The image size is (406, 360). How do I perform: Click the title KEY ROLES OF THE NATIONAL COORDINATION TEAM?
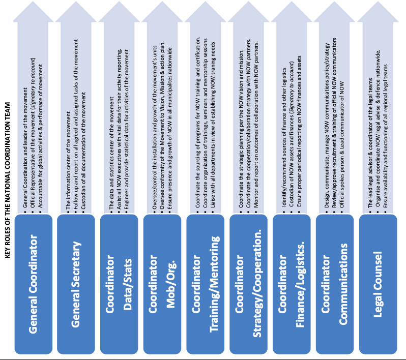(x=7, y=180)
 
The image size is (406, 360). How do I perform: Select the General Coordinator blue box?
(x=34, y=284)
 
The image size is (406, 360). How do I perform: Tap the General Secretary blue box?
(x=76, y=284)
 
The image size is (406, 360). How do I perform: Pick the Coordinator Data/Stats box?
(x=119, y=284)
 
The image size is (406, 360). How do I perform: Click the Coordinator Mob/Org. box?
(x=162, y=284)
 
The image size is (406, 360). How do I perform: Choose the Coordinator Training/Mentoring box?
(x=206, y=284)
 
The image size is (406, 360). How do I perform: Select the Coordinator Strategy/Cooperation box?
(x=249, y=284)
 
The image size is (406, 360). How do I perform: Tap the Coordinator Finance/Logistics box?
(x=292, y=284)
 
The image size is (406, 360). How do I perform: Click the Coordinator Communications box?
(x=335, y=284)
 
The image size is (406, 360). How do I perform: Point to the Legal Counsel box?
(x=378, y=284)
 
